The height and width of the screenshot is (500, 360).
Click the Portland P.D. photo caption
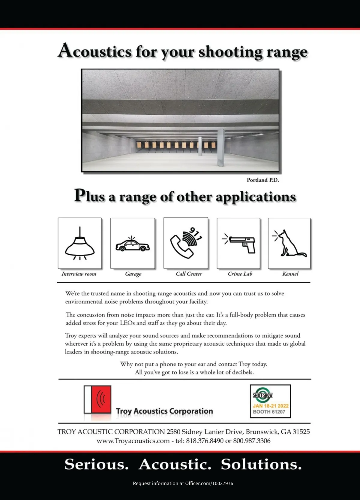coord(263,180)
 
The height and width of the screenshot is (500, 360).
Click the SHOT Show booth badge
coord(270,401)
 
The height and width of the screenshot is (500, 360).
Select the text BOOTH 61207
coord(269,412)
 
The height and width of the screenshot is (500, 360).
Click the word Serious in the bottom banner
coord(97,464)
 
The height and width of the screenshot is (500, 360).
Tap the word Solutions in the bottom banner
coord(261,464)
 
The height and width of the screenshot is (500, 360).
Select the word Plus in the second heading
coord(89,196)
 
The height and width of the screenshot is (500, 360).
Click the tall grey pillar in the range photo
coord(221,148)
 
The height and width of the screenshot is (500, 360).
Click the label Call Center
coord(189,274)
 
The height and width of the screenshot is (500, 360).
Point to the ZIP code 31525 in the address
coord(301,432)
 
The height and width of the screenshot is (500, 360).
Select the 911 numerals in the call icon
coord(196,234)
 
